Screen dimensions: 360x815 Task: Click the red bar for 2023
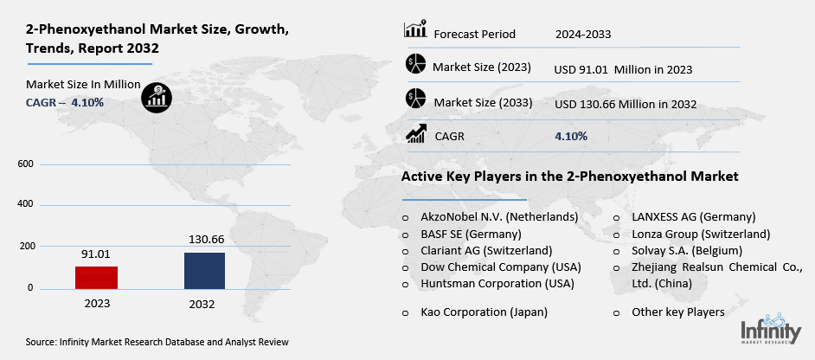(95, 277)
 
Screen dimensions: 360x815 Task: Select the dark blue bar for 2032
(204, 270)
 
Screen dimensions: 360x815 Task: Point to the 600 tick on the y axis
(24, 164)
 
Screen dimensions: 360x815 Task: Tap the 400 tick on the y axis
(24, 204)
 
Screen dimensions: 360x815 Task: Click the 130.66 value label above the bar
(205, 239)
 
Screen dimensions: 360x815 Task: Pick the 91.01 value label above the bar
(95, 254)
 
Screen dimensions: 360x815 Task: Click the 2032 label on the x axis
(204, 305)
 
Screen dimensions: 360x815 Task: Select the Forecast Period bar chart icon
(415, 29)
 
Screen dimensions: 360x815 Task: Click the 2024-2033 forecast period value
(583, 35)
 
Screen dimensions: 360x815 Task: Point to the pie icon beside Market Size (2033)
(416, 99)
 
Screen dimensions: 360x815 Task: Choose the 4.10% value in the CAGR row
(571, 136)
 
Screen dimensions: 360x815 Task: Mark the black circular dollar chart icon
(157, 96)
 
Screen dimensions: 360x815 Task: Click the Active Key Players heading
(569, 177)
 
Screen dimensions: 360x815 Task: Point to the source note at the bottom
(157, 343)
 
